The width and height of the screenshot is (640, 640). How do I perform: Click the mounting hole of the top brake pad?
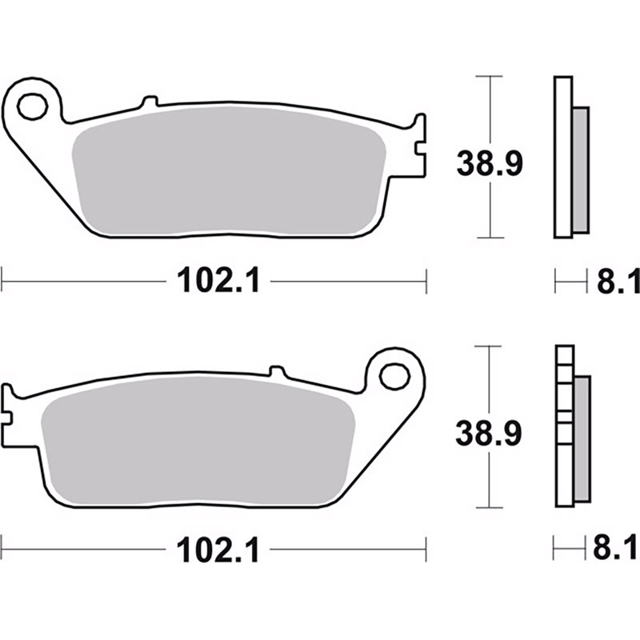pyautogui.click(x=33, y=107)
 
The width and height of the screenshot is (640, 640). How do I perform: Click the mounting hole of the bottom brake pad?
pyautogui.click(x=394, y=376)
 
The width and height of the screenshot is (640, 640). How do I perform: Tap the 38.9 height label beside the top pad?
pyautogui.click(x=490, y=164)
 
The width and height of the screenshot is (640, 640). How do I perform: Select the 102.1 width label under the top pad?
pyautogui.click(x=218, y=281)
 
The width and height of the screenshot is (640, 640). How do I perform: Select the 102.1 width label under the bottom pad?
pyautogui.click(x=218, y=550)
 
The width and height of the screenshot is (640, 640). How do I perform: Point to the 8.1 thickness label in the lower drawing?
pyautogui.click(x=615, y=548)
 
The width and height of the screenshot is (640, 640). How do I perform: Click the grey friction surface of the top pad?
pyautogui.click(x=229, y=170)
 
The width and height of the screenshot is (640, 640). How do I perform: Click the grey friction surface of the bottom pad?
pyautogui.click(x=198, y=440)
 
